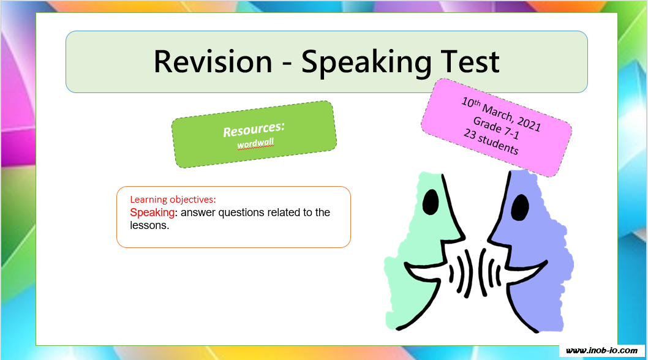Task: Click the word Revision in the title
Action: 213,62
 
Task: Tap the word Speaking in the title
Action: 366,63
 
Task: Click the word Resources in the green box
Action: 254,129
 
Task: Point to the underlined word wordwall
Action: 255,144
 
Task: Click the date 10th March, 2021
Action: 501,114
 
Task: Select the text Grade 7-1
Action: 496,128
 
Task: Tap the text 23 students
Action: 491,141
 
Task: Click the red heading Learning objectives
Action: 173,200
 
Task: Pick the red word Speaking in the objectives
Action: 152,212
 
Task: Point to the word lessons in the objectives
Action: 149,225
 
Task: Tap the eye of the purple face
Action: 520,207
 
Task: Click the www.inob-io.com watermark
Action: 601,351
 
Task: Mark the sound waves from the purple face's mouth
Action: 490,273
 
